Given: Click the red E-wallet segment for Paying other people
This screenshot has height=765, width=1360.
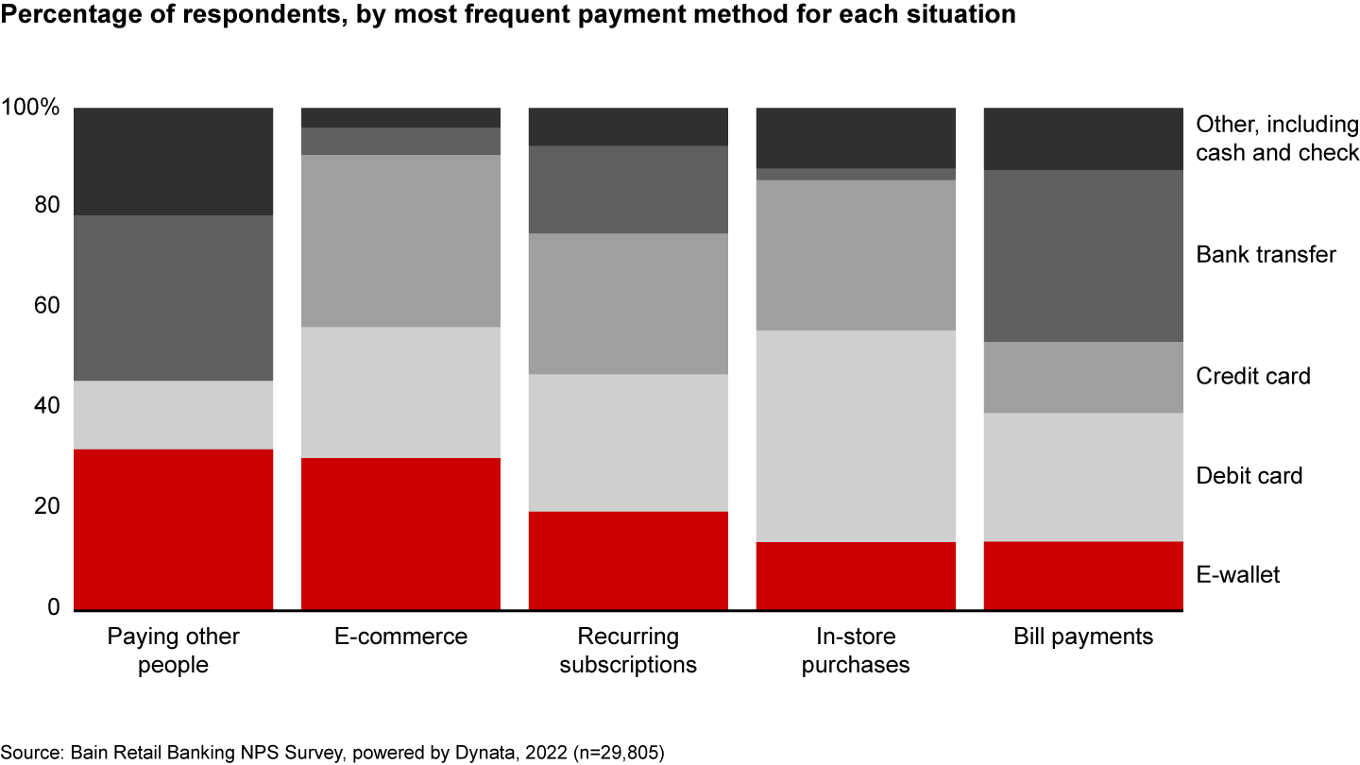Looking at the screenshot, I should tap(174, 529).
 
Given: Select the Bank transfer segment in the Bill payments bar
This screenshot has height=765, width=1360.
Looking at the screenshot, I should tap(1083, 256).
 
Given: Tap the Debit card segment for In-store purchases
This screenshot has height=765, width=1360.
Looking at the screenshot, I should tap(856, 435).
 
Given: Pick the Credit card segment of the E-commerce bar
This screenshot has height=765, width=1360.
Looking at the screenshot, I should tap(400, 241).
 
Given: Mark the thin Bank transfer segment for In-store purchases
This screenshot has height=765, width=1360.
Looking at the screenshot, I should tap(856, 175).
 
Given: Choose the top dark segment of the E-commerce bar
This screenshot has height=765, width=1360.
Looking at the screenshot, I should tap(400, 117).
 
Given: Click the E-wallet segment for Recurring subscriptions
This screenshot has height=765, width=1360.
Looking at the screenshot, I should tap(628, 560).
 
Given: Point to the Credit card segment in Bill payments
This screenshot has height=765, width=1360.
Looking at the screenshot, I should tap(1083, 377).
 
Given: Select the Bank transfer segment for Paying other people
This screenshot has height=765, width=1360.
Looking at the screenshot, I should tap(174, 297).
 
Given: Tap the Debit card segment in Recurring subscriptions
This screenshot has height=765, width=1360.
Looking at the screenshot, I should tap(628, 443).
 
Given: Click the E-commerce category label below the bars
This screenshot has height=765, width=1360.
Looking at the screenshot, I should tap(401, 637).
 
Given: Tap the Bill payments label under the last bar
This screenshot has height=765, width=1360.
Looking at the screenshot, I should tap(1083, 637).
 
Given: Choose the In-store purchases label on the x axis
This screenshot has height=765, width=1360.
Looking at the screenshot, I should tap(856, 650).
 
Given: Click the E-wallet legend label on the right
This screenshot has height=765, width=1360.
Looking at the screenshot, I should tap(1237, 574).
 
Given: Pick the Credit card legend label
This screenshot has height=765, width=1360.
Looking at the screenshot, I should tap(1253, 376).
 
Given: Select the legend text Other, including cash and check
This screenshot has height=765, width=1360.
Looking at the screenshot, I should tap(1277, 139).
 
